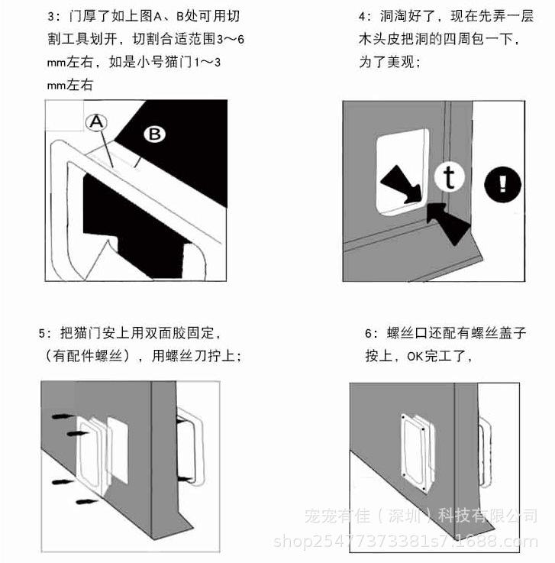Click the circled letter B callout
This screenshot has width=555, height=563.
tap(154, 134)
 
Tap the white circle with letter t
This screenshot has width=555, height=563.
tap(450, 176)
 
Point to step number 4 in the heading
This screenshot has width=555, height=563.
tap(364, 16)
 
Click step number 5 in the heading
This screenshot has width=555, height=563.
tap(44, 333)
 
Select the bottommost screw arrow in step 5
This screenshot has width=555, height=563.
tap(89, 503)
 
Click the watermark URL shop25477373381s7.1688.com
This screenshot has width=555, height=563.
tap(405, 542)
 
